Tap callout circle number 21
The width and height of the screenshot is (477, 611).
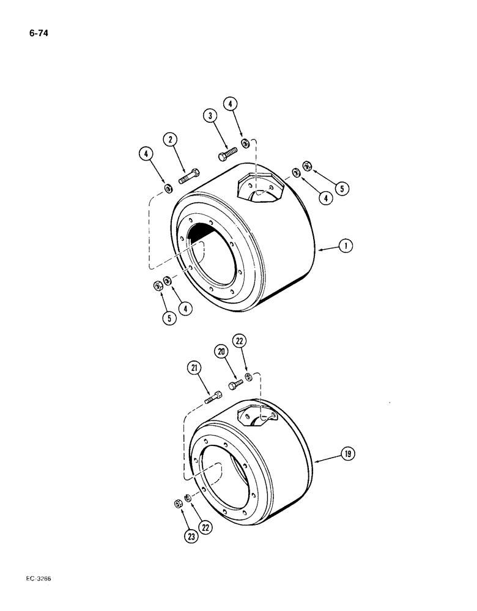coord(194,368)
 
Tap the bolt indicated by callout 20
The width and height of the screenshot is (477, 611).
coord(235,385)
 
